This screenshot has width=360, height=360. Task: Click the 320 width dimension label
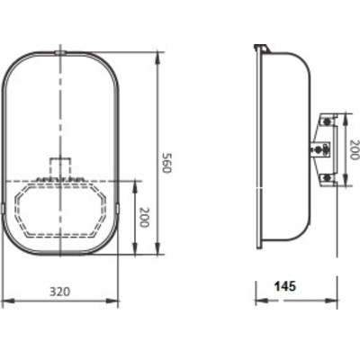click(x=60, y=292)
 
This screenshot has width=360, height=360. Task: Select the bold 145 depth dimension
click(x=285, y=286)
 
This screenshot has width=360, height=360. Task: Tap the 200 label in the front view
click(x=143, y=217)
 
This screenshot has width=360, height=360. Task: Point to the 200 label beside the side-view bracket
click(x=354, y=149)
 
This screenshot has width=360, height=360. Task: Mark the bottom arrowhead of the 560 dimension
click(x=157, y=248)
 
